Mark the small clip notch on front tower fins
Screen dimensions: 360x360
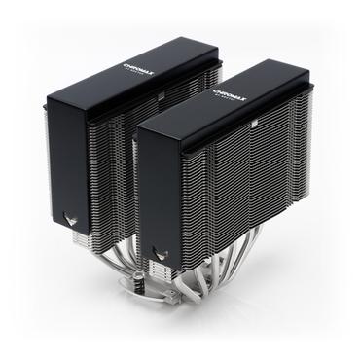(250, 126)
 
